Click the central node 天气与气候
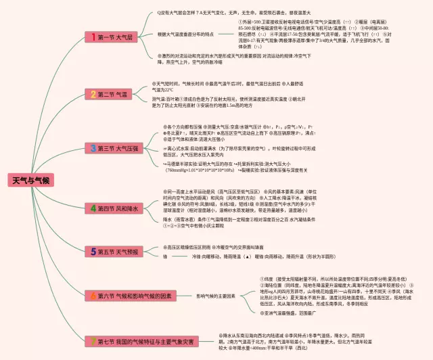(32, 180)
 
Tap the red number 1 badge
(90, 36)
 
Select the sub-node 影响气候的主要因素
(216, 296)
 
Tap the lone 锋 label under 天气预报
(165, 257)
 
